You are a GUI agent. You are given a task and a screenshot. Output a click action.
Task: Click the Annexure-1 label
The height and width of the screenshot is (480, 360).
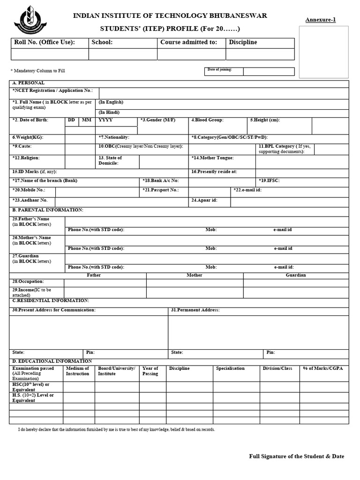tap(321, 20)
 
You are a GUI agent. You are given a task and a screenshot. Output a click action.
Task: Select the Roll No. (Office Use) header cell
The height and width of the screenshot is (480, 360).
tap(45, 42)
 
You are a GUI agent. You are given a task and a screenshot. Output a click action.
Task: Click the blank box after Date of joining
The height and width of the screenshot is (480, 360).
tap(269, 71)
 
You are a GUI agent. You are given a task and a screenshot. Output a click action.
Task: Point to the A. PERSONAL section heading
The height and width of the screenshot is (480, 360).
tap(29, 83)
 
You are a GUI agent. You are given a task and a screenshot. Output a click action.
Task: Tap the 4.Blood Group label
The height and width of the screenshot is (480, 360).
tap(207, 120)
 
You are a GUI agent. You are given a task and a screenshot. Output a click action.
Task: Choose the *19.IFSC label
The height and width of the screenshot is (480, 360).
tap(270, 180)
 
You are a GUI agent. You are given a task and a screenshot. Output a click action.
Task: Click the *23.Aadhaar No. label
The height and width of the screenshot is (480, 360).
tap(30, 200)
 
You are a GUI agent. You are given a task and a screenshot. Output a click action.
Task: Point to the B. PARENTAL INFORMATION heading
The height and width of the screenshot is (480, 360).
tap(47, 210)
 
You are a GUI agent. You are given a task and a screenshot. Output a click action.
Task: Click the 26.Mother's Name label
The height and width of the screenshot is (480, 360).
tap(31, 240)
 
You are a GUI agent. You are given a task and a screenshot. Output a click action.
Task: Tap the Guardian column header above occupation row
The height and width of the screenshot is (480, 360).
tap(295, 275)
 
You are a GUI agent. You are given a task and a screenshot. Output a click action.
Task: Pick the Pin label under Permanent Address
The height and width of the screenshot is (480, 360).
tap(271, 352)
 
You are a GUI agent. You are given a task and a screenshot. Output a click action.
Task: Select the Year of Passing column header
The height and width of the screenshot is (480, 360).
tap(150, 371)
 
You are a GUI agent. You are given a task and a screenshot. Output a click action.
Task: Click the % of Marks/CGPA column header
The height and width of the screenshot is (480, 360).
tap(323, 368)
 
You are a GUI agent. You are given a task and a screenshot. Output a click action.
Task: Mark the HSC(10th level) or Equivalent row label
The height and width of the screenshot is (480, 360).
tap(30, 387)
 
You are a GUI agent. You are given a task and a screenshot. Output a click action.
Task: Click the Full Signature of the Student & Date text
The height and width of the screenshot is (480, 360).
tap(296, 456)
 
